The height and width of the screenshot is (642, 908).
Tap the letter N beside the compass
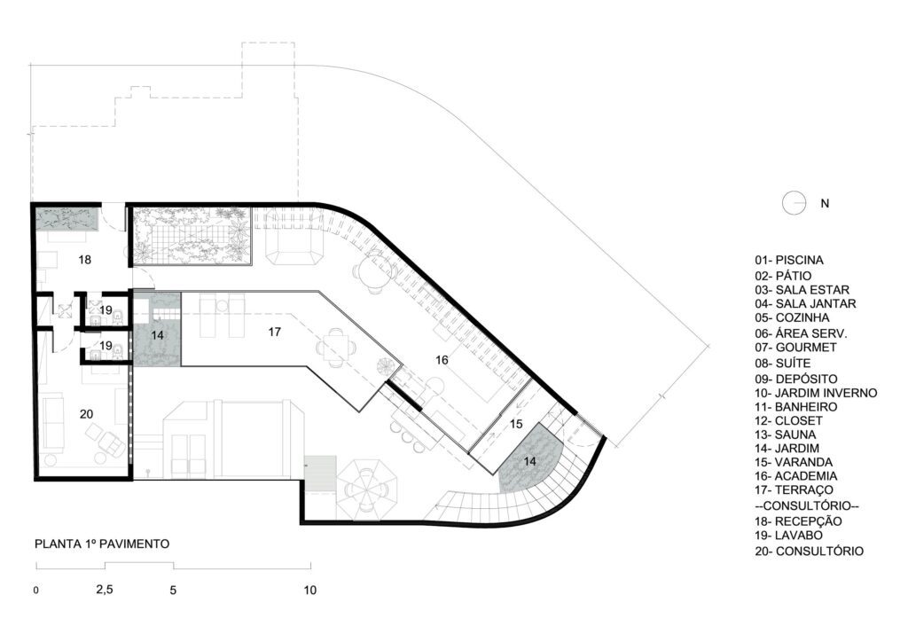pyautogui.click(x=825, y=204)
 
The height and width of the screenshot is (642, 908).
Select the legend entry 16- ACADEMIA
pyautogui.click(x=795, y=476)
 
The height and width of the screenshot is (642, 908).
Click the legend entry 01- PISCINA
pyautogui.click(x=788, y=261)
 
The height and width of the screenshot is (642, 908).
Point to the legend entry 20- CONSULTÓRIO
pyautogui.click(x=809, y=552)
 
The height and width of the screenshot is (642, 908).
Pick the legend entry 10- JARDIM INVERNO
pyautogui.click(x=816, y=393)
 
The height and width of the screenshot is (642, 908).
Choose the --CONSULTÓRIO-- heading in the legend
pyautogui.click(x=807, y=506)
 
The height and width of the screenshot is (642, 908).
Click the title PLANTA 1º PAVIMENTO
pyautogui.click(x=102, y=544)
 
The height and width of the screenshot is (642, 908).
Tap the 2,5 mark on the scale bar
pyautogui.click(x=105, y=590)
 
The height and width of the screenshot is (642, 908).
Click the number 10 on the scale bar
pyautogui.click(x=310, y=591)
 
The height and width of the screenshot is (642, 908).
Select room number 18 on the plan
pyautogui.click(x=84, y=260)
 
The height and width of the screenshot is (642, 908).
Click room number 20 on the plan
pyautogui.click(x=86, y=414)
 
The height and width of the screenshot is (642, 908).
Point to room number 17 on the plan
pyautogui.click(x=275, y=332)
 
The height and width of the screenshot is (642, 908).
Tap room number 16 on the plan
pyautogui.click(x=442, y=360)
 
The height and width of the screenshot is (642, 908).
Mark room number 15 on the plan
pyautogui.click(x=516, y=424)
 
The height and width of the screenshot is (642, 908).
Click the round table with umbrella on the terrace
pyautogui.click(x=367, y=488)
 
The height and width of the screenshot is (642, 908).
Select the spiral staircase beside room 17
pyautogui.click(x=387, y=366)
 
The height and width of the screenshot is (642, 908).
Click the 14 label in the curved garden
pyautogui.click(x=530, y=461)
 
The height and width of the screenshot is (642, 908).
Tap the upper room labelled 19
pyautogui.click(x=106, y=310)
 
